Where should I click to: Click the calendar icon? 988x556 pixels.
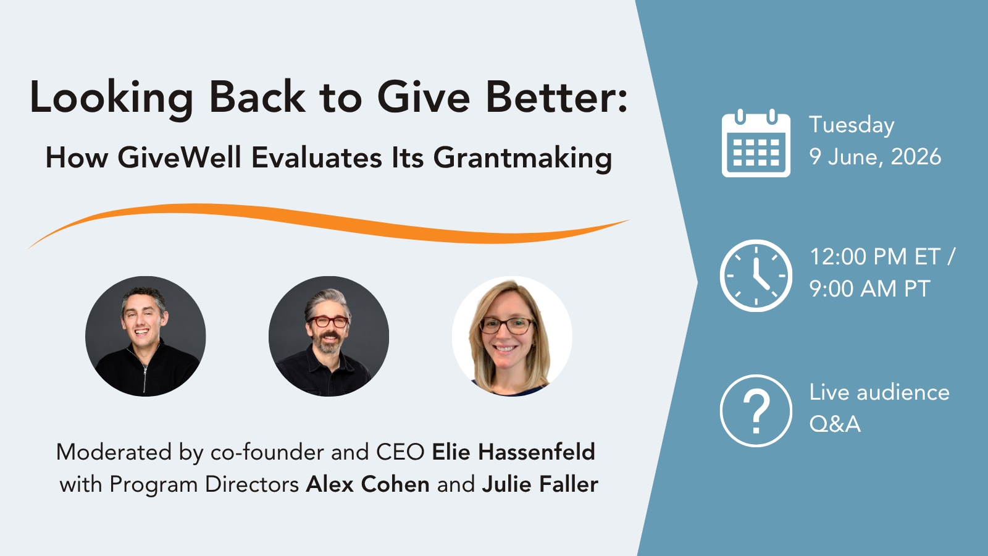[756, 143]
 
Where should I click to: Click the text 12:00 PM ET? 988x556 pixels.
[875, 256]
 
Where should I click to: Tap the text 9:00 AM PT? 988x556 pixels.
[869, 289]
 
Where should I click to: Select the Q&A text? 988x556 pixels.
[835, 424]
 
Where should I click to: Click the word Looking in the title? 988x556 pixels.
[111, 99]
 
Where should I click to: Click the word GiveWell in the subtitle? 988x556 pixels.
[179, 157]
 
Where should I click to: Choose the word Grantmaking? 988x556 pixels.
[522, 158]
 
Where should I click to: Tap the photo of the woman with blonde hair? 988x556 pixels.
[512, 336]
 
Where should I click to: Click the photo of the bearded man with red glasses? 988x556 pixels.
[329, 336]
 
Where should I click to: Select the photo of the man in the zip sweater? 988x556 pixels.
[146, 336]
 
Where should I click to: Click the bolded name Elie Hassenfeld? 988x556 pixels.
[513, 452]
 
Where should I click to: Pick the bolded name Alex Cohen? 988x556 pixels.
[368, 484]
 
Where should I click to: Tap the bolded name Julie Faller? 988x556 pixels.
[540, 484]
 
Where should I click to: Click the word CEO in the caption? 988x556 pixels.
[400, 452]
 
